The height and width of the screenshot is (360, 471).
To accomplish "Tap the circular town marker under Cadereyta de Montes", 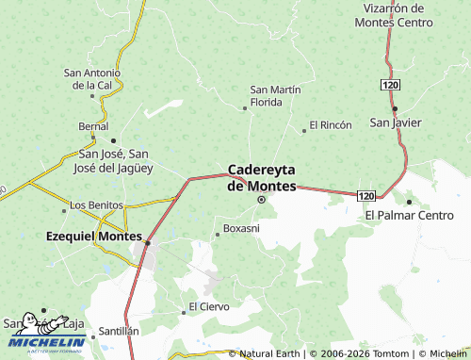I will (262, 199).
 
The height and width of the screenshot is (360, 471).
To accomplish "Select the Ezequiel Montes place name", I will (94, 237).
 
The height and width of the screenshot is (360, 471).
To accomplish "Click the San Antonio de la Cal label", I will (91, 78).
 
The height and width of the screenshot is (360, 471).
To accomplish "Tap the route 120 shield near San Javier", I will (391, 85).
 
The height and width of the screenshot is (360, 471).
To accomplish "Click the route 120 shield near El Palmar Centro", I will (366, 194).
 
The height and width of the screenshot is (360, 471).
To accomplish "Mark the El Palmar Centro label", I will (409, 216).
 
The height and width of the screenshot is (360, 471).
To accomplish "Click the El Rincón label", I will (330, 125).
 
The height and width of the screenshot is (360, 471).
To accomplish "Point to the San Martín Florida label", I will (275, 95).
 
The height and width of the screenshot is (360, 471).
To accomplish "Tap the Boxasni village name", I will (242, 228).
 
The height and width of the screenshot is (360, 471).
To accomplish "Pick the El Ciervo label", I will (208, 306).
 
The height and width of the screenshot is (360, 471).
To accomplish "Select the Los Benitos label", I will (97, 205).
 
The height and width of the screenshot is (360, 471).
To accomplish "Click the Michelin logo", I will (44, 335).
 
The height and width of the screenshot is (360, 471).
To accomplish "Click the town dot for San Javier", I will (395, 108).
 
